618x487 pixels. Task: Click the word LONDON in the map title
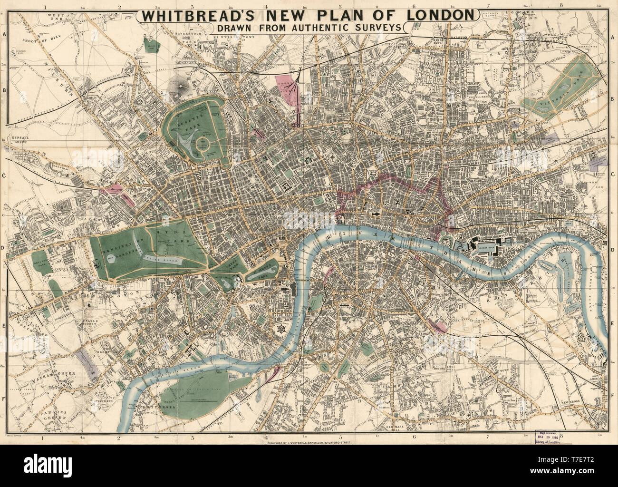click(435, 15)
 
